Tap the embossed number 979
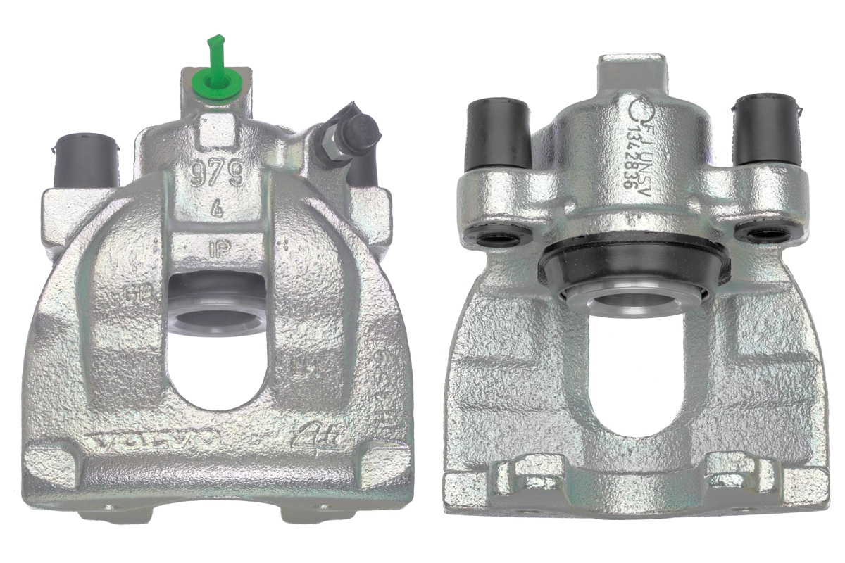click(218, 173)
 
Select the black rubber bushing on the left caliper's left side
click(84, 159)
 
